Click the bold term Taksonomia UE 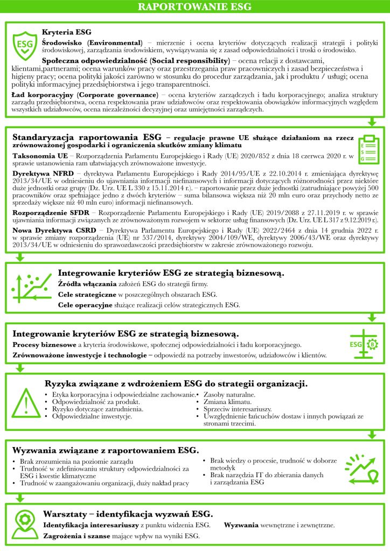(40, 156)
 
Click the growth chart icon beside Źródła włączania (30, 290)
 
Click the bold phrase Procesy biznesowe (44, 344)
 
